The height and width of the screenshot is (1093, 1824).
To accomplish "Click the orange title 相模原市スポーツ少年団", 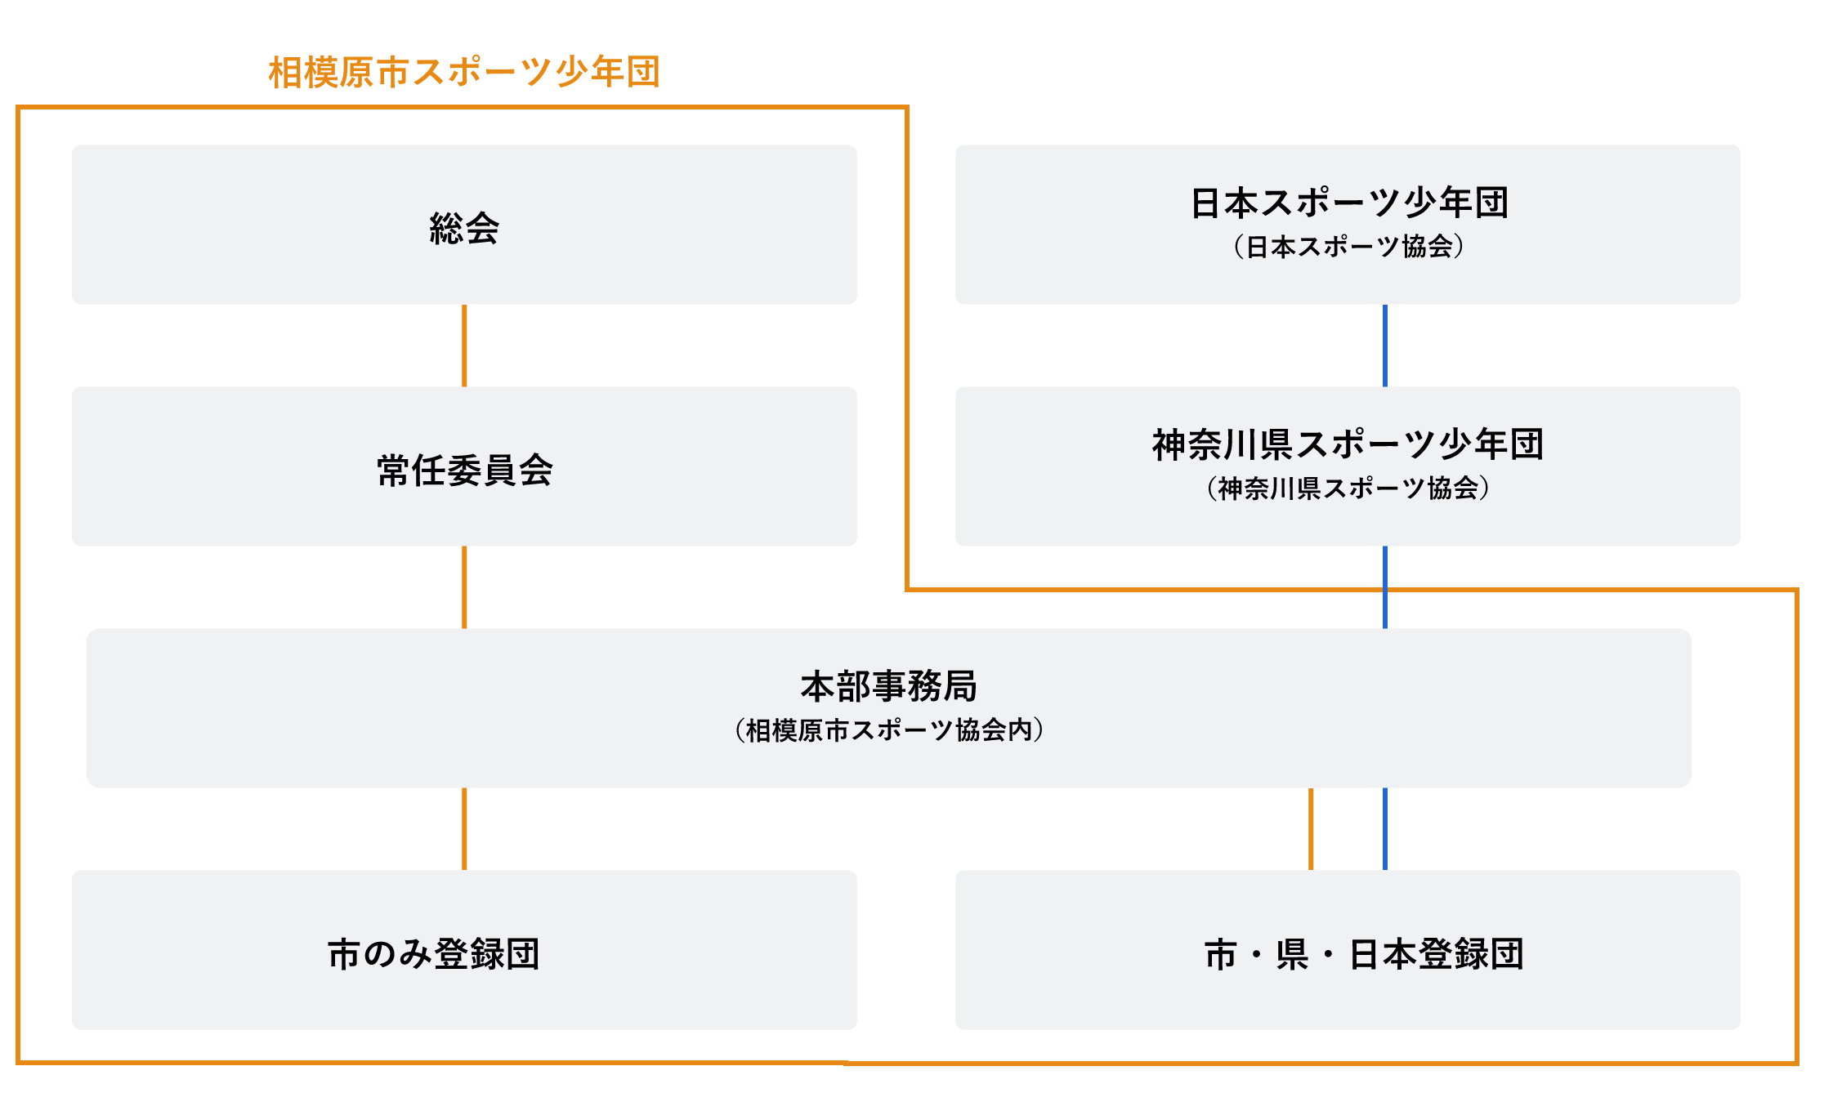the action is [x=464, y=72].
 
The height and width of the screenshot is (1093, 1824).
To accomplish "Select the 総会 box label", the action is [x=464, y=228].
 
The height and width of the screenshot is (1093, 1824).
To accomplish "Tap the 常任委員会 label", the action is [x=464, y=470].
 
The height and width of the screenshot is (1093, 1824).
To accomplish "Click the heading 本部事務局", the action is [x=888, y=686].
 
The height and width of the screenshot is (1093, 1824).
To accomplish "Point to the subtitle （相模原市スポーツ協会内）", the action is [x=888, y=729].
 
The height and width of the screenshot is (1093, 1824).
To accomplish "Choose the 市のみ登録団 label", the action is [x=434, y=953].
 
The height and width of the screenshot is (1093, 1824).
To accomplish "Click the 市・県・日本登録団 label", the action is [x=1364, y=953].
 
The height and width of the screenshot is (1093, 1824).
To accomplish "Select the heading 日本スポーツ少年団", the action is [x=1349, y=203].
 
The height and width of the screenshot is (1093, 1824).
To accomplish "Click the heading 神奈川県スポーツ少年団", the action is [x=1348, y=444].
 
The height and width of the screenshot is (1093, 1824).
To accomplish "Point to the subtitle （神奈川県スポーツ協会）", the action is [x=1348, y=488].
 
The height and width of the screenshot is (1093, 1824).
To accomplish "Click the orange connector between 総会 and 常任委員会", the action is [x=464, y=346].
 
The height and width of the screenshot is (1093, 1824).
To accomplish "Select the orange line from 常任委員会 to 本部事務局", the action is [x=464, y=587].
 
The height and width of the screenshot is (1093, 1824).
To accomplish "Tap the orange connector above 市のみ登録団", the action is [x=464, y=829].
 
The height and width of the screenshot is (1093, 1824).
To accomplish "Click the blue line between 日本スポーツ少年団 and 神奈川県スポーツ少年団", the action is [x=1385, y=346].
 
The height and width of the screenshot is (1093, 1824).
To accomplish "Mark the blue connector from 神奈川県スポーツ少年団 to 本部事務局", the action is [x=1385, y=587].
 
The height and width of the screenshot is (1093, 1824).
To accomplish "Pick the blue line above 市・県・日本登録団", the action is [x=1385, y=829].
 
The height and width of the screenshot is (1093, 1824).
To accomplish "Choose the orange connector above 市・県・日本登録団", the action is [x=1311, y=829].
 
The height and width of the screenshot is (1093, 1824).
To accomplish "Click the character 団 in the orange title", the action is [x=643, y=72].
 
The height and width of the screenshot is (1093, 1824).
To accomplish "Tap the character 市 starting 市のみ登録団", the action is [x=345, y=953].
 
